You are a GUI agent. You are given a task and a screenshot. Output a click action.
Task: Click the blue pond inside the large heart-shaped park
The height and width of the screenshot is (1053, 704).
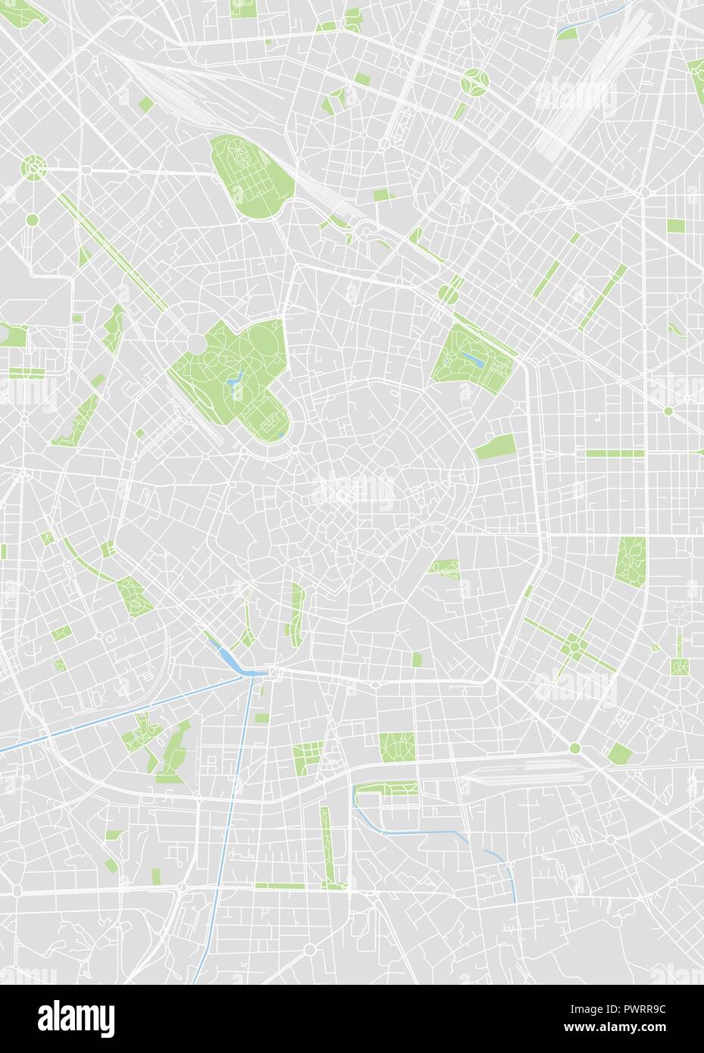tap(236, 380)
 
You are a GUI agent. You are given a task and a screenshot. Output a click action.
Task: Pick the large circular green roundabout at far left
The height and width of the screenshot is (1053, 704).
tap(33, 164)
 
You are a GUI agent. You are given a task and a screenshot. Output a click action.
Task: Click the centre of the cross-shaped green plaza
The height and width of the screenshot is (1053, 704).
tap(576, 647)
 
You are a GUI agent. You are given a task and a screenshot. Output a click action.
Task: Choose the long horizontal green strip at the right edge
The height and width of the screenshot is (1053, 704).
tap(614, 453)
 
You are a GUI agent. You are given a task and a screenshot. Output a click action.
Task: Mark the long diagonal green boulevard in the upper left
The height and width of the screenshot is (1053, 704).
tap(114, 250)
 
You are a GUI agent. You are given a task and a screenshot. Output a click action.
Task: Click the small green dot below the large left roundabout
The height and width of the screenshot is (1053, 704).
tap(32, 220)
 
